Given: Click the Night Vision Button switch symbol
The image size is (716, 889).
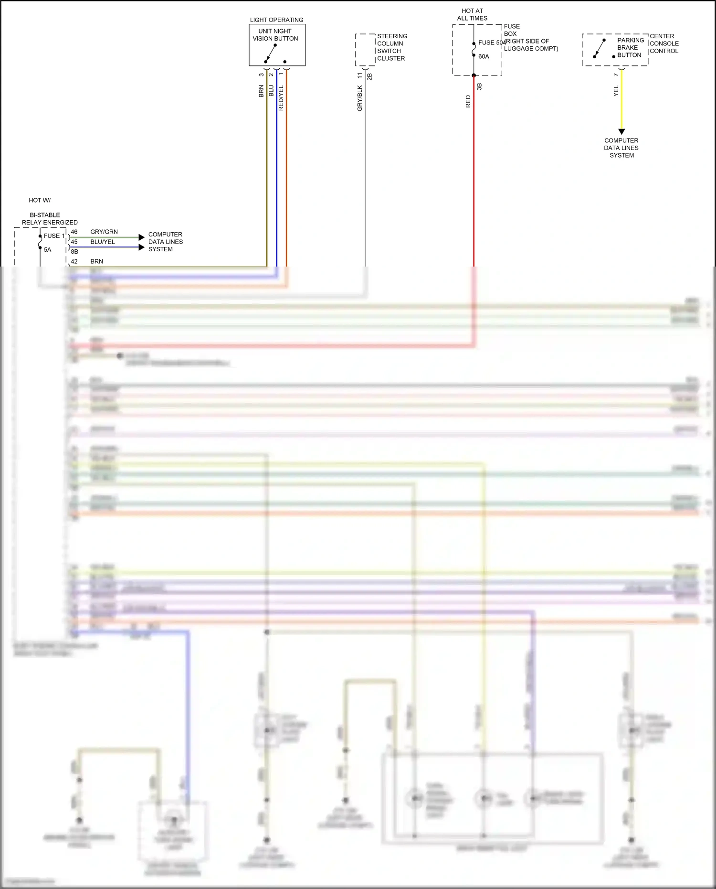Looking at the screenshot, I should [x=271, y=54].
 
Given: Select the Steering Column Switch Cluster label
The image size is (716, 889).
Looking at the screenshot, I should [x=391, y=47].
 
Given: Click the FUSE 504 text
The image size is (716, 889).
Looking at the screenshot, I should [x=492, y=43].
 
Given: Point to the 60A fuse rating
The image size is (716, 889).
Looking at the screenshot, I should [x=484, y=56].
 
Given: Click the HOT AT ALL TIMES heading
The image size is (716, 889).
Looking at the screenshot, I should [x=472, y=14].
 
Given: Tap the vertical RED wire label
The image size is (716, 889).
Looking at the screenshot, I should [x=468, y=101].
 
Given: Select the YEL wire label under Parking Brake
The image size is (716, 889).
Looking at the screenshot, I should [x=616, y=91].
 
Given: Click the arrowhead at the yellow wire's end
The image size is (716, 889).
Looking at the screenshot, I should [x=621, y=131].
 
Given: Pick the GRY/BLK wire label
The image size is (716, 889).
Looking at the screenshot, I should [x=359, y=98].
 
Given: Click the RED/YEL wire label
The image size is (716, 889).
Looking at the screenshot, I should [x=281, y=98].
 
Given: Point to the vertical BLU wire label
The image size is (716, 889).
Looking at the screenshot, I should [x=271, y=91].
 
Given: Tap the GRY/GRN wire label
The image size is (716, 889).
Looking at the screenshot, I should [x=104, y=232].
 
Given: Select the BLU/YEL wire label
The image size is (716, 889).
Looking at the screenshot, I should [x=103, y=242].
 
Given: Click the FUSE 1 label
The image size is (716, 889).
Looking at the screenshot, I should [x=54, y=236].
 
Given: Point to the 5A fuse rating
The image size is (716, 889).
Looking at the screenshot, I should [x=47, y=250].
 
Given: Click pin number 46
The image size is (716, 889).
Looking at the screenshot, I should [x=74, y=232].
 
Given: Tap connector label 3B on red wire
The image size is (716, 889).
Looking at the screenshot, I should [x=479, y=86].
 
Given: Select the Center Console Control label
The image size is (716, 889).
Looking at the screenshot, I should [x=664, y=43].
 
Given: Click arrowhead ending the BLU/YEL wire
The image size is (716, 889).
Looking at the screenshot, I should [x=141, y=247].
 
